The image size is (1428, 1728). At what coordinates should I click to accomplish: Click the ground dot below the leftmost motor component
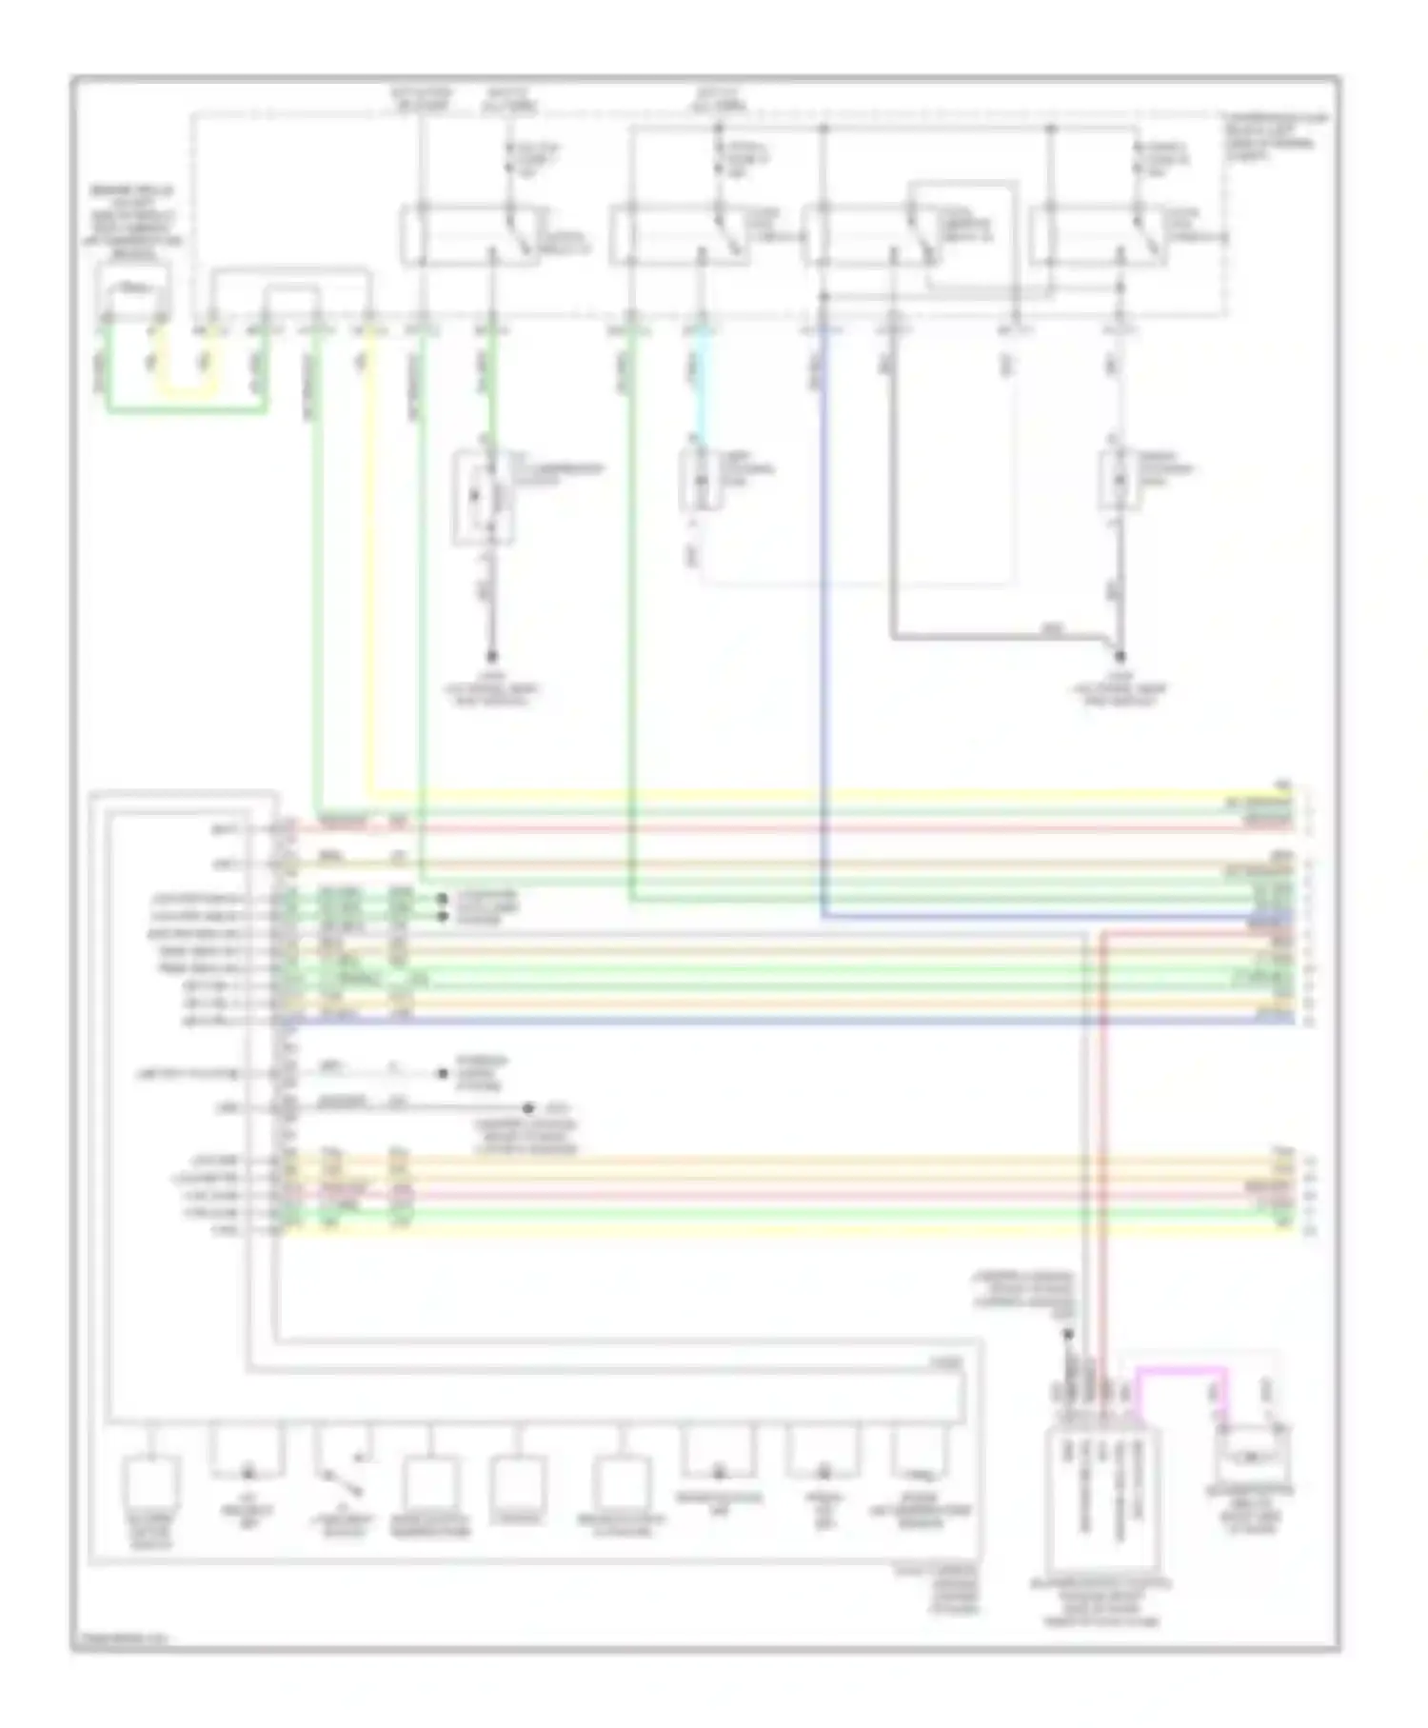pyautogui.click(x=492, y=656)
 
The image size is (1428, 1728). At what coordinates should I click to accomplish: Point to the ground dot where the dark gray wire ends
pyautogui.click(x=1120, y=656)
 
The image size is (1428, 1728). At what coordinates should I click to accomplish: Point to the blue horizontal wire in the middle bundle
pyautogui.click(x=762, y=1022)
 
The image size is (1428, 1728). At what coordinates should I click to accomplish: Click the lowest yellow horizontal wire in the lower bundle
pyautogui.click(x=762, y=1230)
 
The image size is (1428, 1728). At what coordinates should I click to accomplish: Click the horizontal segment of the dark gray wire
pyautogui.click(x=990, y=636)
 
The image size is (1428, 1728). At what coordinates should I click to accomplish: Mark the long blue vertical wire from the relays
pyautogui.click(x=823, y=619)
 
